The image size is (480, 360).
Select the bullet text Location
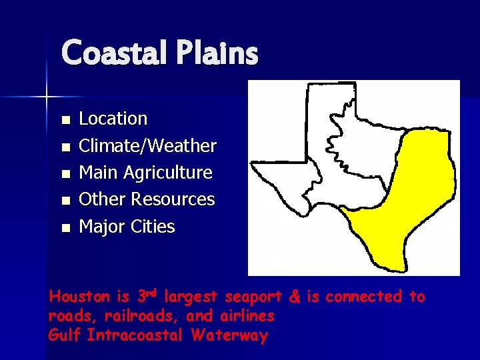(x=113, y=119)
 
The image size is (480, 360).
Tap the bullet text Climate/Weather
(x=147, y=145)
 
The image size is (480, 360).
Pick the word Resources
(x=173, y=199)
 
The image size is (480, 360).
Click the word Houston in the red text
(x=75, y=297)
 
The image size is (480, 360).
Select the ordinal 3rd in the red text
(x=147, y=295)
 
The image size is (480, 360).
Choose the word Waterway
(x=229, y=335)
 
